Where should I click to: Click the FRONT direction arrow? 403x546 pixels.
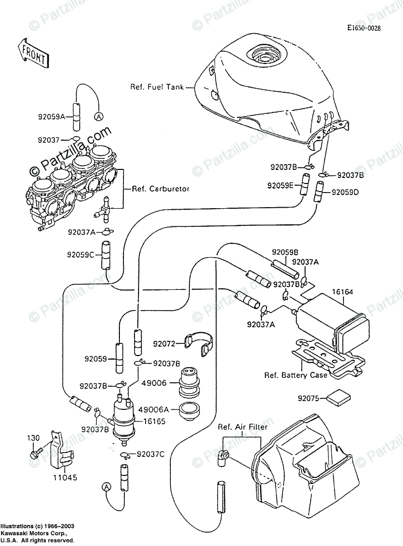pyautogui.click(x=33, y=54)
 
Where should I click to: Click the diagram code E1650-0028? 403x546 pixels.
pyautogui.click(x=367, y=29)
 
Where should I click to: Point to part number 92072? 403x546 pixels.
pyautogui.click(x=164, y=345)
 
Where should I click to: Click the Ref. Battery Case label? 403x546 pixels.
pyautogui.click(x=296, y=375)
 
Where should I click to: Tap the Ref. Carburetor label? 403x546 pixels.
pyautogui.click(x=160, y=189)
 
